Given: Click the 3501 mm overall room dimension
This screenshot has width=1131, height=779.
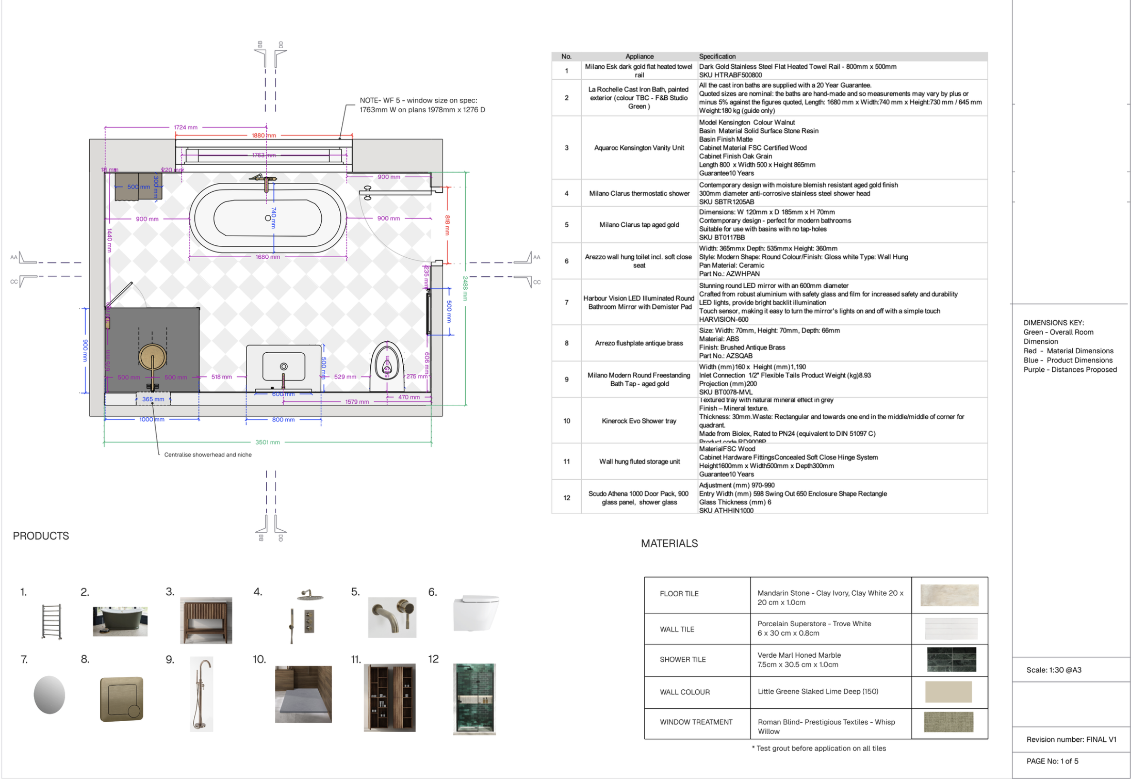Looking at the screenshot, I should click(x=267, y=442).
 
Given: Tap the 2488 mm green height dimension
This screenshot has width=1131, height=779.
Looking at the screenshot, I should click(x=465, y=288).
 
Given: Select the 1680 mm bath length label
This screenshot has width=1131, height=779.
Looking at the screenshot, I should click(x=267, y=257).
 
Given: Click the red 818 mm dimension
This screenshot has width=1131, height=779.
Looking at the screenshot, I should click(x=447, y=225).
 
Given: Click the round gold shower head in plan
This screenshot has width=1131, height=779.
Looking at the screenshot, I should click(x=152, y=357).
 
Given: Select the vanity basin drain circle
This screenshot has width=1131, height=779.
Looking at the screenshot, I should click(x=283, y=367).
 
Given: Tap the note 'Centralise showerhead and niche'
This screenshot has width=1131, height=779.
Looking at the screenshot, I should click(x=208, y=455).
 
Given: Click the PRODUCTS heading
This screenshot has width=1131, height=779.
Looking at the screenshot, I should click(x=41, y=536).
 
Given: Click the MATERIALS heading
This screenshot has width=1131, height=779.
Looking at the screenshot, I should click(x=669, y=544).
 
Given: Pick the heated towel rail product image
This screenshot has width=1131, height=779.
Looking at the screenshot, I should click(x=52, y=621).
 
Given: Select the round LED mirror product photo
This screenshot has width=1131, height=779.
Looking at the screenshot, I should click(x=49, y=695).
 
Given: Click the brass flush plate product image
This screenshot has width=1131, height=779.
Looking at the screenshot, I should click(x=122, y=699).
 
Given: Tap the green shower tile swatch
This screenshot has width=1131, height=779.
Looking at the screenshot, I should click(x=951, y=659).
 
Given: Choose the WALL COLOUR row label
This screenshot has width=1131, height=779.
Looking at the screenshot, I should click(x=684, y=692).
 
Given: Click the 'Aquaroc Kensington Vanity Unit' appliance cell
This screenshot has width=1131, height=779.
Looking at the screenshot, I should click(x=639, y=148).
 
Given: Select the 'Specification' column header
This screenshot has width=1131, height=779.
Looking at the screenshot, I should click(x=717, y=57).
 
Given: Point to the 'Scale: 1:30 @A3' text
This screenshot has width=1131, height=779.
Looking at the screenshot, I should click(x=1053, y=670).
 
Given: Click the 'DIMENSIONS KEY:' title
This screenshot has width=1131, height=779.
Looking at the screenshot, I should click(x=1053, y=323).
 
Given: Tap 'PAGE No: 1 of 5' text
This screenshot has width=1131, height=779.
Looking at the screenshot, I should click(x=1052, y=761).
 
